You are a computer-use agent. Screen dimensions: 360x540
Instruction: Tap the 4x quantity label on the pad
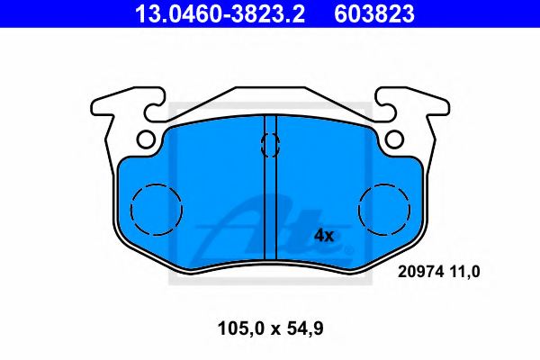point(323,236)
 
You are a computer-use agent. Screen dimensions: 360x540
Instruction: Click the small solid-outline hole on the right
point(392,139)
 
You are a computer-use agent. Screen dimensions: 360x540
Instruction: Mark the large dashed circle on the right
point(383,208)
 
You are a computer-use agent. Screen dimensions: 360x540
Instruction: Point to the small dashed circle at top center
point(269,144)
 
